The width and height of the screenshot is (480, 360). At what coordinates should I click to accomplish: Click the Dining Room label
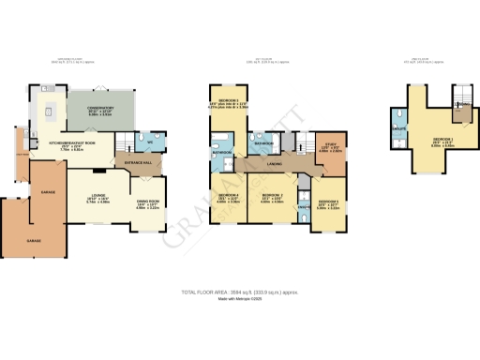(x=151, y=202)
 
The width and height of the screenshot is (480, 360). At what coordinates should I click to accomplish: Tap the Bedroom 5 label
(x=327, y=202)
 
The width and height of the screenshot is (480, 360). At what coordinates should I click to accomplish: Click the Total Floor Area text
(x=239, y=292)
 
